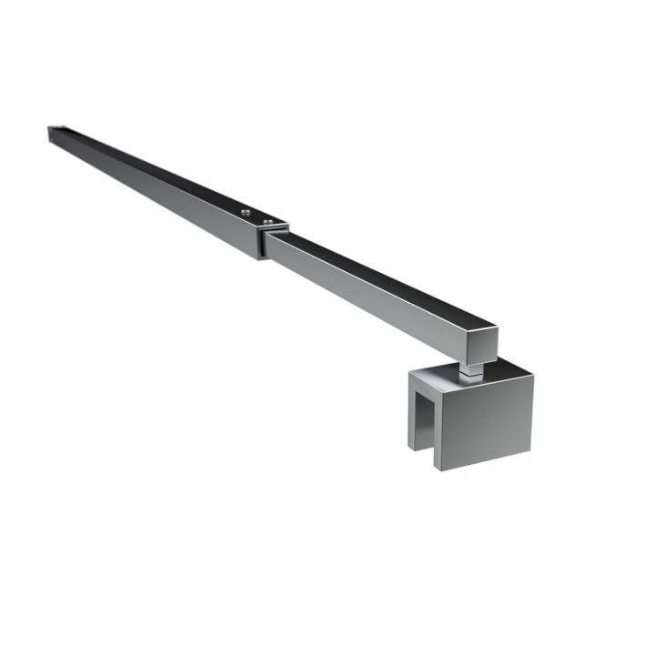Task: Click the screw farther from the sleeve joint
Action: tap(246, 212)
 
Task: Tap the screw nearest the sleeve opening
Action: tap(267, 219)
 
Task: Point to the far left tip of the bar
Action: tap(51, 131)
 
